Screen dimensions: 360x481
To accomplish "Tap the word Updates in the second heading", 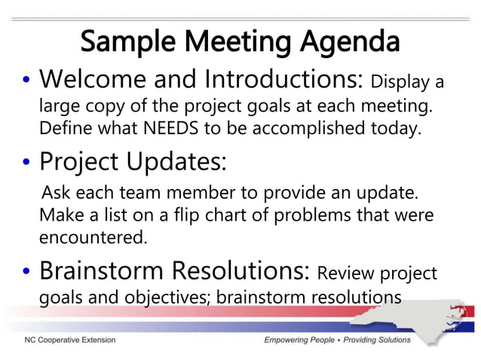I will [176, 162].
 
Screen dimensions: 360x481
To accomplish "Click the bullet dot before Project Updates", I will [25, 163].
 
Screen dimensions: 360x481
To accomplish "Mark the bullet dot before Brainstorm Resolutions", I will [25, 271].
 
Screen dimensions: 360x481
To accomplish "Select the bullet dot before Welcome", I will [25, 80].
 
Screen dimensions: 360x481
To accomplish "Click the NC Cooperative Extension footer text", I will [69, 340].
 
